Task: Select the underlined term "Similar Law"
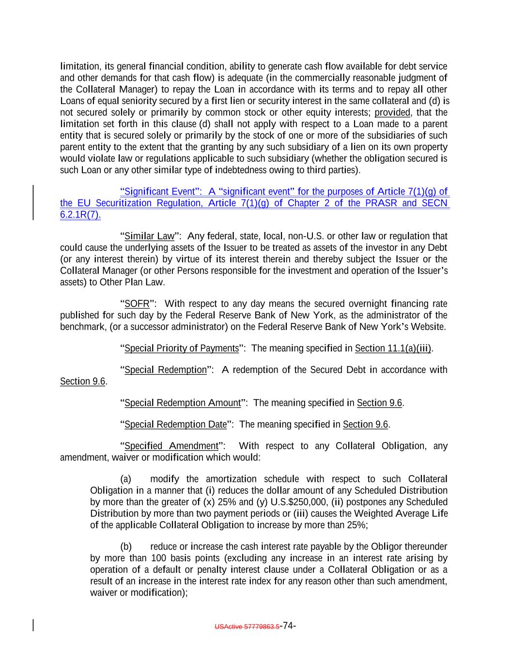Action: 149,236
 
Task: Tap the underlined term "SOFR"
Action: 137,304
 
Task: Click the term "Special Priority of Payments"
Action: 182,349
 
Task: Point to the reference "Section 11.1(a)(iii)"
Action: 393,349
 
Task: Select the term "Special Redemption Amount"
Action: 183,403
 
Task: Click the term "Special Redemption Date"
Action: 175,425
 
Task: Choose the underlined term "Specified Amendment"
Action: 171,446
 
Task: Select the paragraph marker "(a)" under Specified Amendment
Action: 125,479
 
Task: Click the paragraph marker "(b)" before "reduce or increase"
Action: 125,547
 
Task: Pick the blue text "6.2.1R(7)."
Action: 80,215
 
